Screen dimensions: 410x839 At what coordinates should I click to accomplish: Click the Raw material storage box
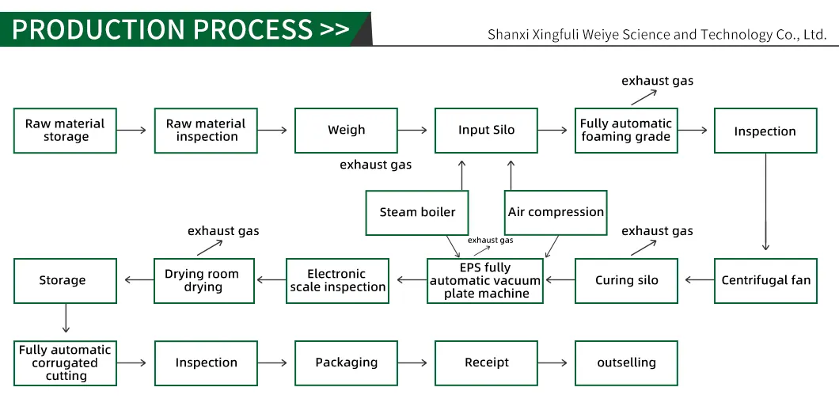tap(65, 131)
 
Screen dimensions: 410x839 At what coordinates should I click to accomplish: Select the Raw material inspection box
tap(206, 131)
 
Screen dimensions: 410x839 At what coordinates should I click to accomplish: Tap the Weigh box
tap(346, 131)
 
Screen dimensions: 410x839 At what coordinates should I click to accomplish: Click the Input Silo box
tap(486, 131)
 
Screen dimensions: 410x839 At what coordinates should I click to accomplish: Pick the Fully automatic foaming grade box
tap(625, 131)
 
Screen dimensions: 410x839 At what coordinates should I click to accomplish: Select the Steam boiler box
tap(417, 212)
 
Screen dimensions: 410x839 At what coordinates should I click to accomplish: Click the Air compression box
tap(556, 212)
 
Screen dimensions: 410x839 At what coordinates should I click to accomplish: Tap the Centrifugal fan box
tap(765, 280)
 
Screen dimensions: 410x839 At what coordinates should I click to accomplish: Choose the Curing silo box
tap(625, 280)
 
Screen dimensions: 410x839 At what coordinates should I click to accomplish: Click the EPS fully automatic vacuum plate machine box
tap(486, 280)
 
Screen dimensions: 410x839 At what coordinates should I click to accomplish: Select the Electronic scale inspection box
tap(337, 280)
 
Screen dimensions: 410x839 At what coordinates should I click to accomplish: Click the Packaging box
tap(346, 363)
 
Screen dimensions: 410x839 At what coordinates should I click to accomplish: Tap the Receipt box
tap(486, 363)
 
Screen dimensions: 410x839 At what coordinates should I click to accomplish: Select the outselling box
tap(625, 363)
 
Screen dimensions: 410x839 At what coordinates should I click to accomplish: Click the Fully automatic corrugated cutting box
tap(65, 363)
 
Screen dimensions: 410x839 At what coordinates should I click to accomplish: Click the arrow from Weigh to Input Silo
tap(416, 131)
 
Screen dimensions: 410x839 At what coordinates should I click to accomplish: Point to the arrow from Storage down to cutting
tap(65, 321)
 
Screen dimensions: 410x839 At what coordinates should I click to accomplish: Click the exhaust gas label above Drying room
tap(223, 231)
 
